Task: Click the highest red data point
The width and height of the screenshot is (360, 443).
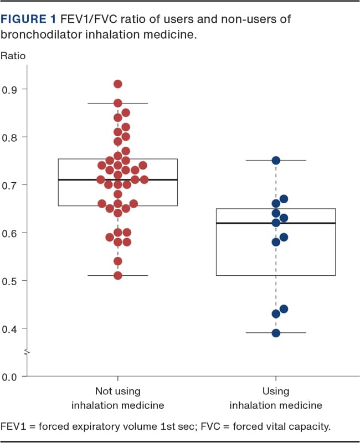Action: (x=118, y=84)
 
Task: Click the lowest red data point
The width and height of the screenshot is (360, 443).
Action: (x=118, y=275)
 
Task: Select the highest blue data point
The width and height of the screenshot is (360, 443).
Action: (x=276, y=161)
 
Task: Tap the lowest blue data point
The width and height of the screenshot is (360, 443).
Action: (x=276, y=333)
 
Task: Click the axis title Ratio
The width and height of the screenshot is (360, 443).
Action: (x=13, y=55)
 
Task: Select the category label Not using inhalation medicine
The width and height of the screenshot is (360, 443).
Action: (x=118, y=398)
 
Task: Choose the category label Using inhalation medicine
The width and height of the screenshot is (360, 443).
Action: (x=276, y=398)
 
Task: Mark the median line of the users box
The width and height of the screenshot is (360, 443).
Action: (x=244, y=223)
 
